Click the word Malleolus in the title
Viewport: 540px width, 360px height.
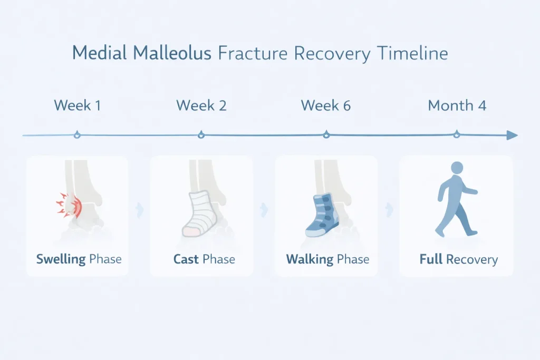point(172,53)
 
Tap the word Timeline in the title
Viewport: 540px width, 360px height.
point(412,53)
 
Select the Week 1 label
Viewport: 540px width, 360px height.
point(78,105)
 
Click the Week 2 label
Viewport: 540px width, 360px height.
point(201,105)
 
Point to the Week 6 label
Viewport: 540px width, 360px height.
point(326,105)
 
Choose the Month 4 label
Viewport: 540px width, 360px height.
point(457,105)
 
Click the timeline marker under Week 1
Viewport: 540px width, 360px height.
point(77,135)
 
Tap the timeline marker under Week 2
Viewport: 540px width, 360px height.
point(201,135)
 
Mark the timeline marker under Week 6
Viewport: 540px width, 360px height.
point(326,135)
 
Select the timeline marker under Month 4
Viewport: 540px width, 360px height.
point(457,134)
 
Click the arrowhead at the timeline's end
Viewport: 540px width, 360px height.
point(512,135)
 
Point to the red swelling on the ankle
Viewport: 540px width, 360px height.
point(69,205)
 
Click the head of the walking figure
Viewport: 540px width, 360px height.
point(457,168)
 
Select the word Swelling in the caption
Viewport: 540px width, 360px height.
point(61,259)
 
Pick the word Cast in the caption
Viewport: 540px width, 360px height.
point(186,259)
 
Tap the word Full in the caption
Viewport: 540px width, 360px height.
point(431,259)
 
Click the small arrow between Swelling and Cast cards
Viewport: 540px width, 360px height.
point(140,210)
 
